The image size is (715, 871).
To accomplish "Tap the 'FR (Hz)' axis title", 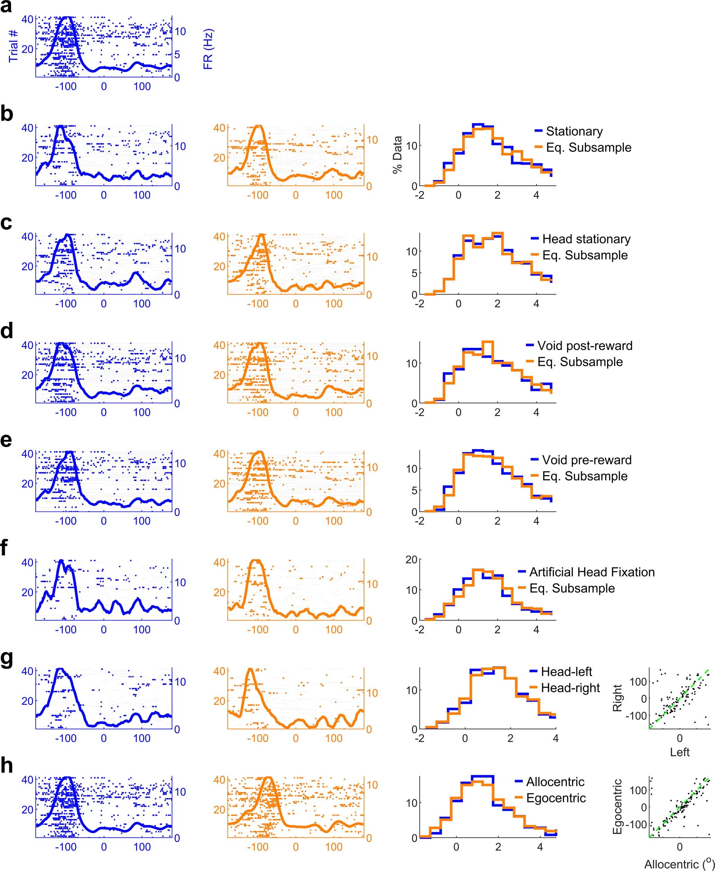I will click(208, 48).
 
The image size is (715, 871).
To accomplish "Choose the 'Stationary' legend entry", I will click(574, 131).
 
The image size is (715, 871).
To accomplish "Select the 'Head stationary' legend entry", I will click(587, 239).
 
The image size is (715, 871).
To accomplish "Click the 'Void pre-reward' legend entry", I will click(587, 460).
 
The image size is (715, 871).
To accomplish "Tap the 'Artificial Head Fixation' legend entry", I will click(592, 572).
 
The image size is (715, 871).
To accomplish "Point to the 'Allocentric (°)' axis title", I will click(679, 864).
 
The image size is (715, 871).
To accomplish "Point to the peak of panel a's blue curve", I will click(66, 17).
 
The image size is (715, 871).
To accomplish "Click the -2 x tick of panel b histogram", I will click(420, 195).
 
